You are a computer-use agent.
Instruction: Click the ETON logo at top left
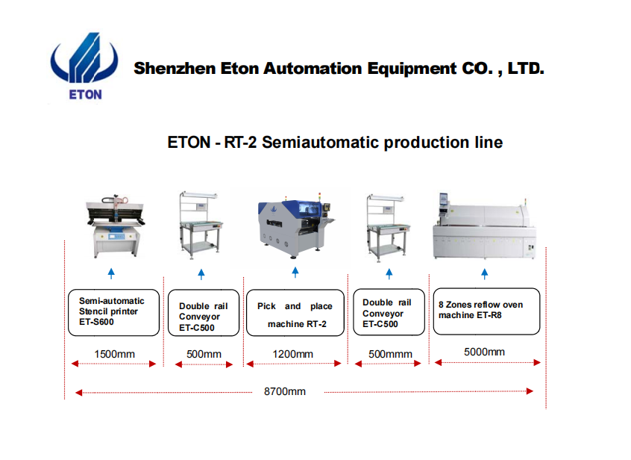(x=84, y=66)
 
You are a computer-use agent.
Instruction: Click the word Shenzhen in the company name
(x=175, y=69)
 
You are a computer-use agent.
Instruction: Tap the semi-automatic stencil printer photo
(x=115, y=226)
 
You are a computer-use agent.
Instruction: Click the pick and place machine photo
(x=295, y=228)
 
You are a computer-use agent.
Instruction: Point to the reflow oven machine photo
(x=485, y=226)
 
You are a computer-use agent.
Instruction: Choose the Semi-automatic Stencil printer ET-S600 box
(x=114, y=312)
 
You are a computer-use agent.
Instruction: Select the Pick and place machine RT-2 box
(x=295, y=313)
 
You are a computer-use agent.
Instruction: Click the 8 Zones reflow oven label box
(x=486, y=311)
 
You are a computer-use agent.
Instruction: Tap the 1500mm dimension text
(x=115, y=354)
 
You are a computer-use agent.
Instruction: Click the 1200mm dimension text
(x=293, y=354)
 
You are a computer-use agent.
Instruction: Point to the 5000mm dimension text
(x=485, y=352)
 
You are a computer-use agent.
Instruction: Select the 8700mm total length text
(x=285, y=391)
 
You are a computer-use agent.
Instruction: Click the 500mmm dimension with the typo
(x=390, y=354)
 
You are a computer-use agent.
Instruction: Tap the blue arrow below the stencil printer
(x=111, y=273)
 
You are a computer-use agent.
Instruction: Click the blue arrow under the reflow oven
(x=485, y=274)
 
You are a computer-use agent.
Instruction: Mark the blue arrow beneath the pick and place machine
(x=295, y=273)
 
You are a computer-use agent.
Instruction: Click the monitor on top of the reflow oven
(x=443, y=200)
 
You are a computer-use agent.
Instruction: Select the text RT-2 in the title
(x=240, y=142)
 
